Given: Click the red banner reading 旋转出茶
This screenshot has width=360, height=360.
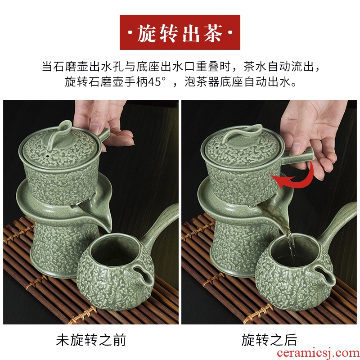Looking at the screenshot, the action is click(180, 32).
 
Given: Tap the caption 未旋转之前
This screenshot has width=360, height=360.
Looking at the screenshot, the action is click(91, 340).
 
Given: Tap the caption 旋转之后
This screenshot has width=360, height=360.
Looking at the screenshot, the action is click(269, 340).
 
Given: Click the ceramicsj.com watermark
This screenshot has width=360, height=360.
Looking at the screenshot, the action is click(318, 353).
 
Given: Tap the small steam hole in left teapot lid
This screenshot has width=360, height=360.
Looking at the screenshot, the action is click(48, 156).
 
